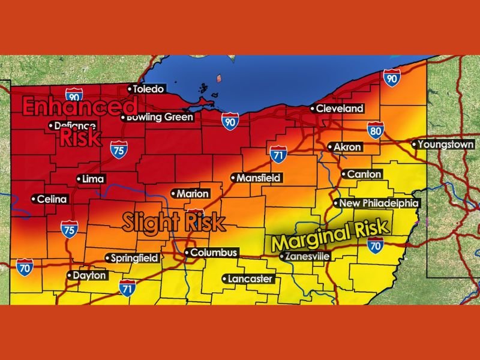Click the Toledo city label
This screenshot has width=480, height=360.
tap(148, 89)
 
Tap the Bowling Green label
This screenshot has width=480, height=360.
tap(159, 117)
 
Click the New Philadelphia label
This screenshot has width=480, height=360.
tap(379, 203)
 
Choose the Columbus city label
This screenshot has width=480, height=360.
tap(214, 253)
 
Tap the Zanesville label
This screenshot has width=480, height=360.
tap(307, 256)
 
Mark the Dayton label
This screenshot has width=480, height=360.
tap(89, 276)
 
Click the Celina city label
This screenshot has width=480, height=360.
tap(52, 199)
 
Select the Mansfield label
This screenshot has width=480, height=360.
tap(258, 178)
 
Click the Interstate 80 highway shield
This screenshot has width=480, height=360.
tap(376, 130)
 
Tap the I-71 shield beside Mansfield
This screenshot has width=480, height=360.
tap(278, 154)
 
